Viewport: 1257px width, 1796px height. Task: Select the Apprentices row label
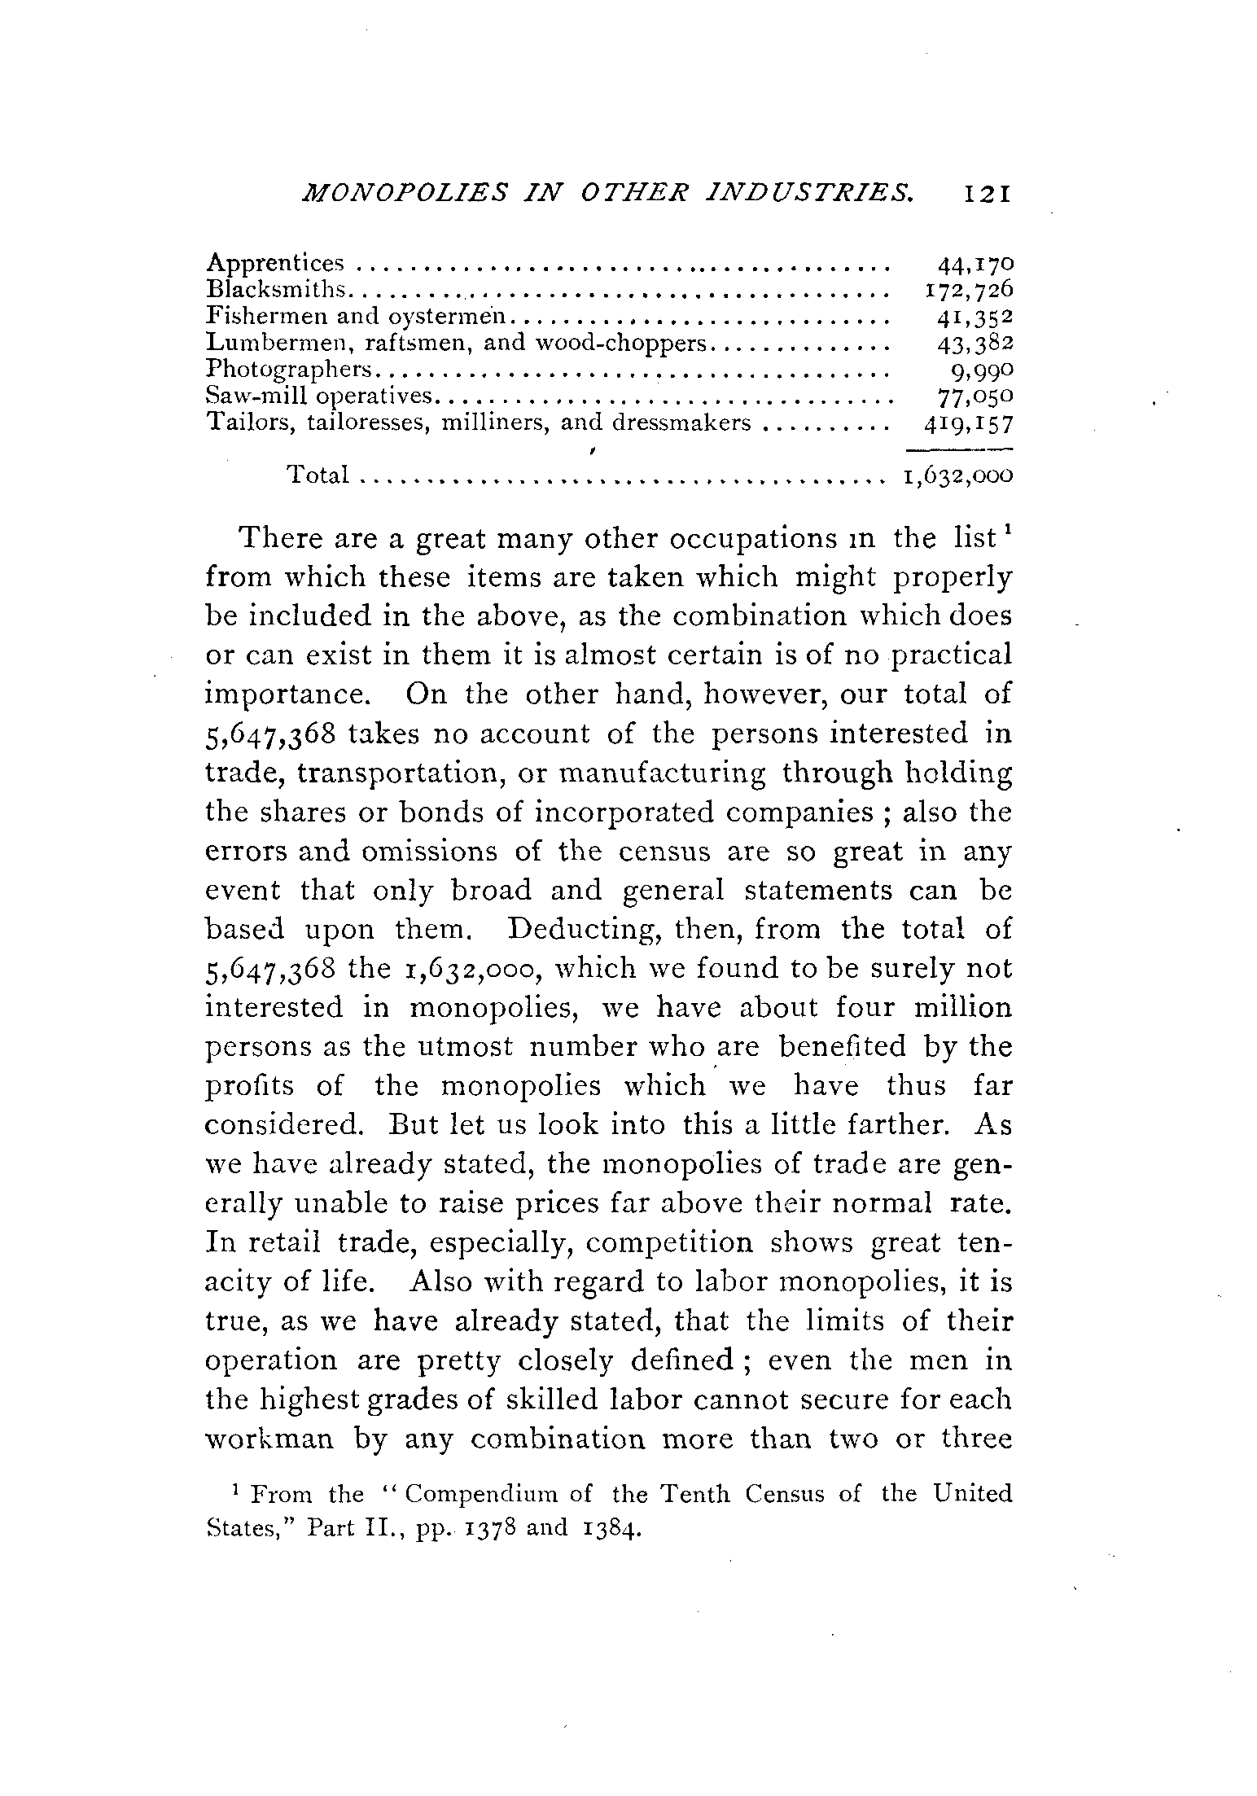click(x=276, y=264)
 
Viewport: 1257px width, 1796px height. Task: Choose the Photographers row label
click(x=289, y=370)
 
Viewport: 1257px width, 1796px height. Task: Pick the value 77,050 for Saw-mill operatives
click(x=975, y=396)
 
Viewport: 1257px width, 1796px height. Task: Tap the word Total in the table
click(x=318, y=475)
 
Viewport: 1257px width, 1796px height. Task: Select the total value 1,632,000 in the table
click(x=957, y=475)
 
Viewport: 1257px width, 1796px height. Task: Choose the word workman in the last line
click(x=269, y=1439)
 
